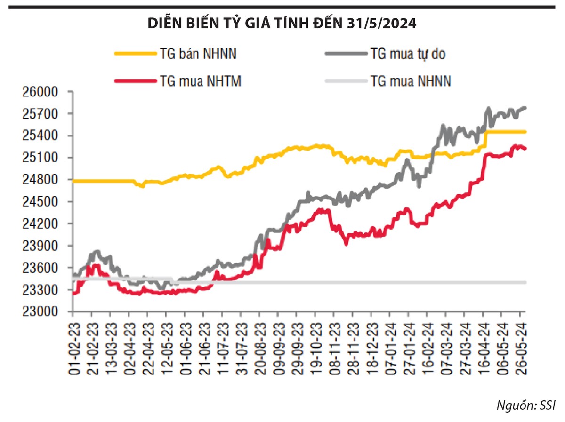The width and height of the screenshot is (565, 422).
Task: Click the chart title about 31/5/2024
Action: click(282, 23)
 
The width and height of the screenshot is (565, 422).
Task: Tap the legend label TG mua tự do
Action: click(408, 54)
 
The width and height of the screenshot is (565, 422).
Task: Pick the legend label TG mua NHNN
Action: click(411, 81)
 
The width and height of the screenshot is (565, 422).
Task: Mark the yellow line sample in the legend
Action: click(135, 54)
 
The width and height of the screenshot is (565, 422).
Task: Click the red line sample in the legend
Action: click(135, 81)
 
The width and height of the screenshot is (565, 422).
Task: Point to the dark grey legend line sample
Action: click(346, 54)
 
